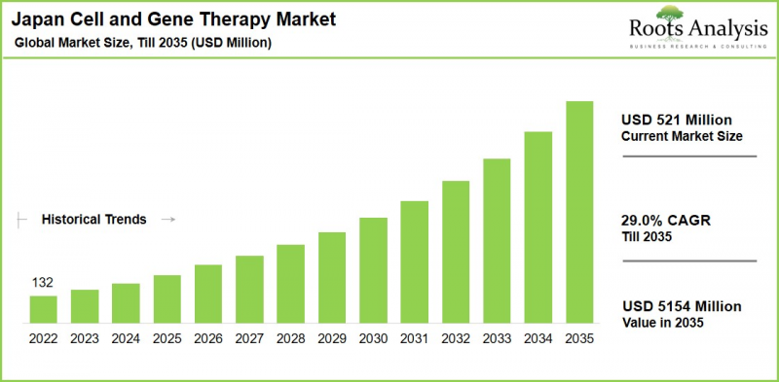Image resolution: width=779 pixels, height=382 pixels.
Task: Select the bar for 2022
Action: [44, 309]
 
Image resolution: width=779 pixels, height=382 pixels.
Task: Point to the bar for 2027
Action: [249, 289]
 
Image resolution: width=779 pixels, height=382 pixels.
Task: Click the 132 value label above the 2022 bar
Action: [43, 283]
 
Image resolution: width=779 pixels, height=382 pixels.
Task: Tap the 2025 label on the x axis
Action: [167, 339]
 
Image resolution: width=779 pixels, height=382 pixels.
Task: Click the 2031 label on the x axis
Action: [414, 339]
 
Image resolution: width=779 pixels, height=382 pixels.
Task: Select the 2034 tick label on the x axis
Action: [538, 339]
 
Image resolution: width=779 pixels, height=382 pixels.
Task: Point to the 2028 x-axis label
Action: [290, 339]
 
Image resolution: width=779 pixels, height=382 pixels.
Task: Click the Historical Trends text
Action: [93, 220]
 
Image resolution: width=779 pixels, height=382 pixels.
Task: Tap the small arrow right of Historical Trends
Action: [167, 220]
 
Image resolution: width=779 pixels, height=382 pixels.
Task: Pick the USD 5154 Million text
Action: [681, 306]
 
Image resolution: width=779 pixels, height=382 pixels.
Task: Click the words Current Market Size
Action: [682, 136]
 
